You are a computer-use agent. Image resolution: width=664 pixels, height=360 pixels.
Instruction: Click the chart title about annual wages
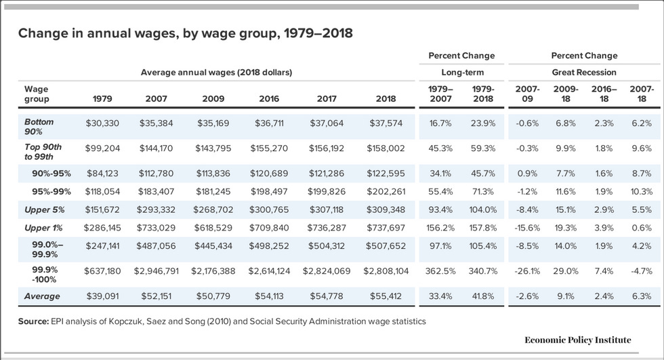click(x=185, y=33)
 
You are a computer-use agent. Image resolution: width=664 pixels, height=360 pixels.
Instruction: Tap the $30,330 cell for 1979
click(x=102, y=123)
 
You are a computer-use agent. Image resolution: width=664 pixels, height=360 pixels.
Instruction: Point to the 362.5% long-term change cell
click(x=441, y=271)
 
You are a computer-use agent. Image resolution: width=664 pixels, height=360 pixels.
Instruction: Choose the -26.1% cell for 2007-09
click(x=527, y=271)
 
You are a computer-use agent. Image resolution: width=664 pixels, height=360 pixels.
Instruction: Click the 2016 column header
click(x=268, y=99)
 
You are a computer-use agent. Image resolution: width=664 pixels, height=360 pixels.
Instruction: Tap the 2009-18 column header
click(x=565, y=94)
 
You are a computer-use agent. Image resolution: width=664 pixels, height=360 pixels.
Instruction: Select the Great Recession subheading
click(x=584, y=72)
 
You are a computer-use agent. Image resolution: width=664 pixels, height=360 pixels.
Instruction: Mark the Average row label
click(x=42, y=296)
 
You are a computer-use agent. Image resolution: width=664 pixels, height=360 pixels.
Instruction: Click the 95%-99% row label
click(x=51, y=191)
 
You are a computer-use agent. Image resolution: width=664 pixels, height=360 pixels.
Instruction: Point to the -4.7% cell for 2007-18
click(x=640, y=271)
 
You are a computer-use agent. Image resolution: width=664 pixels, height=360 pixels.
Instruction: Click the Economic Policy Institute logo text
click(x=577, y=340)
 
